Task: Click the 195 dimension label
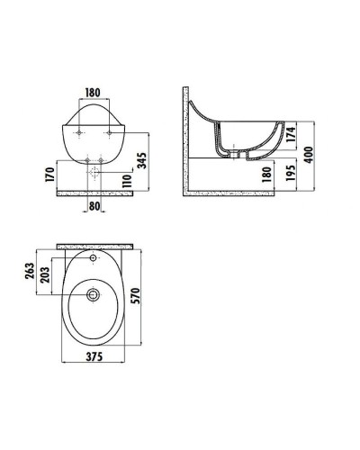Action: [291, 175]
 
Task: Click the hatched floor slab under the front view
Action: [98, 191]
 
